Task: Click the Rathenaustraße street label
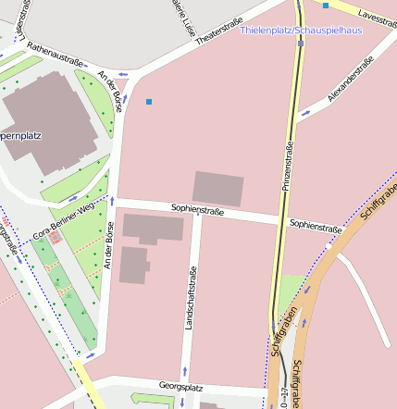click(x=55, y=53)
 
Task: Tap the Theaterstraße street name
click(x=218, y=31)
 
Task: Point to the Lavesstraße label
click(x=376, y=18)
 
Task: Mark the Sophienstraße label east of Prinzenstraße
click(x=315, y=225)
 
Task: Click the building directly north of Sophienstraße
click(x=218, y=189)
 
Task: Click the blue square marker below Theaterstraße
click(x=148, y=101)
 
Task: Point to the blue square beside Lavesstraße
click(x=326, y=6)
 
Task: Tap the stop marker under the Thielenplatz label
click(x=300, y=43)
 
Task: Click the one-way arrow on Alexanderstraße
click(x=306, y=113)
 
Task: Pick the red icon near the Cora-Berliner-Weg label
click(x=55, y=238)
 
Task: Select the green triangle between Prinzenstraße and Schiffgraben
click(x=290, y=289)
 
